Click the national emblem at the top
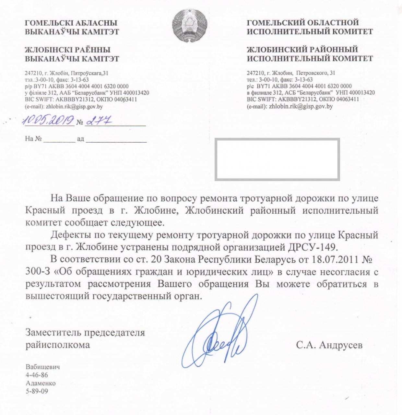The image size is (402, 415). click(190, 25)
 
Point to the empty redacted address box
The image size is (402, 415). click(277, 159)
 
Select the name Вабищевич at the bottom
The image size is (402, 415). click(43, 367)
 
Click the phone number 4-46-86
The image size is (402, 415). click(37, 375)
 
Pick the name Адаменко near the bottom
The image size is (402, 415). click(41, 383)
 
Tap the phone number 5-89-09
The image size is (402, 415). click(37, 391)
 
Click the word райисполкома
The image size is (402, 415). click(58, 345)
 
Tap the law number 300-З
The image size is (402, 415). click(37, 272)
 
